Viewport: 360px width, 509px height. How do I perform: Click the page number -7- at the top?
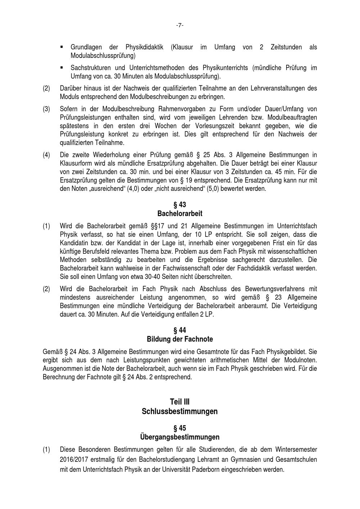pos(180,25)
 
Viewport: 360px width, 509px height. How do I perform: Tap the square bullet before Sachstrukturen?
pos(62,67)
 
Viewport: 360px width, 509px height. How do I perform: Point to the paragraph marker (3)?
pos(46,109)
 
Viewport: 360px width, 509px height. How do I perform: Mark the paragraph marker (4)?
pos(46,155)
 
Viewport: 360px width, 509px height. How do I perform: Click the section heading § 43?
pos(180,204)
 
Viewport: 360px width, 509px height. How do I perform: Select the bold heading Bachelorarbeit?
pos(180,213)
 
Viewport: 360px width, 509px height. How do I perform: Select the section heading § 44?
pos(180,330)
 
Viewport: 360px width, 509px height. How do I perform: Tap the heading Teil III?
pos(180,402)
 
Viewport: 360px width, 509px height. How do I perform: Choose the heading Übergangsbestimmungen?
pos(180,437)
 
